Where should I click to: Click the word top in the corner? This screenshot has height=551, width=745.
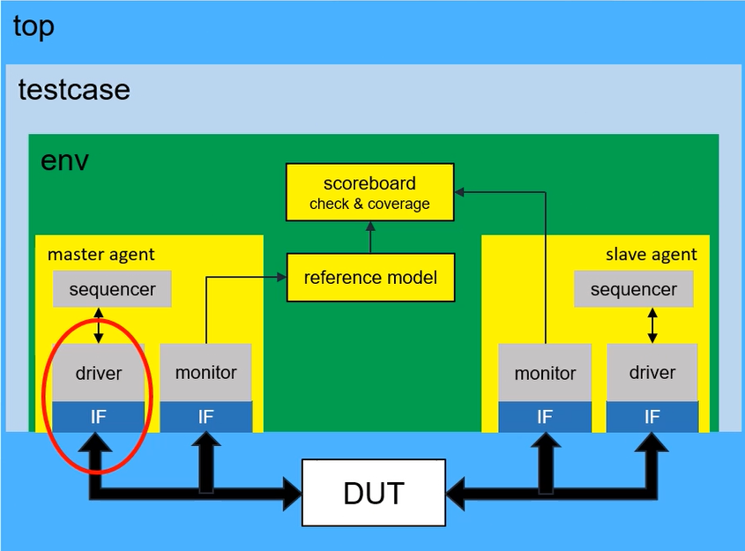pos(34,27)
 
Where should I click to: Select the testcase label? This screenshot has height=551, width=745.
pos(74,89)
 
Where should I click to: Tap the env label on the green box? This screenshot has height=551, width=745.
pos(64,161)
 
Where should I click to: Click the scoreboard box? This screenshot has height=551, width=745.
pos(369,192)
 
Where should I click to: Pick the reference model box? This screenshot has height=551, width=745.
pos(370,278)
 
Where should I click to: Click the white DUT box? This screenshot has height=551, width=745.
pos(374,493)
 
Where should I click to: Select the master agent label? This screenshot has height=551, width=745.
pos(101,255)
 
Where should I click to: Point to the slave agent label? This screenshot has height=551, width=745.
pos(651,255)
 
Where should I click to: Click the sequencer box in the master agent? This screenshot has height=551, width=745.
pos(112,289)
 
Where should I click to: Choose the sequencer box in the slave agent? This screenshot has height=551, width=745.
pos(633,289)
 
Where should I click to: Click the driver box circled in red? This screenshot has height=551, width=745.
pos(99,372)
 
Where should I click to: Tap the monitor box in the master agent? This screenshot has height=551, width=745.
pos(205,372)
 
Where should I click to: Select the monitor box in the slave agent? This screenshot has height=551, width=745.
pos(545,372)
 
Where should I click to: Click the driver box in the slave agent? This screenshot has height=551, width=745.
pos(652,372)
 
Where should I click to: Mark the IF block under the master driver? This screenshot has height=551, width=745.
pos(99,417)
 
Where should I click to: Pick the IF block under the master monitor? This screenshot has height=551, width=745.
pos(205,417)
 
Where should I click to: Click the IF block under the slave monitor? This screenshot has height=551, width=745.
pos(545,417)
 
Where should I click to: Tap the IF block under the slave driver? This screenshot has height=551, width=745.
pos(652,417)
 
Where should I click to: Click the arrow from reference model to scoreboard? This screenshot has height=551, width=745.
pos(370,237)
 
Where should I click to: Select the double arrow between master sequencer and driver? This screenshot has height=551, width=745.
pos(99,325)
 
